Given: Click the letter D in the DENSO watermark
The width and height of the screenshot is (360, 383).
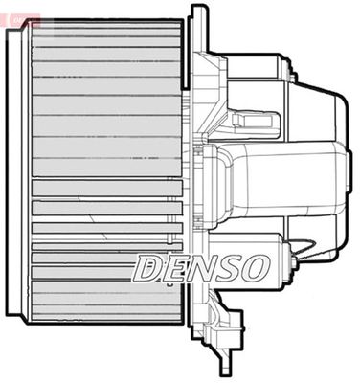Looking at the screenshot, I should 148,268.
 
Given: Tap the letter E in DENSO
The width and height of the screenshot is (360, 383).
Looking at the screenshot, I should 174,268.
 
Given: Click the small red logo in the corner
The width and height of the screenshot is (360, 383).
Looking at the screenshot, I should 20,18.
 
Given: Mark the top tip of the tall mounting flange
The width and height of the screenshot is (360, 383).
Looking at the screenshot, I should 198,10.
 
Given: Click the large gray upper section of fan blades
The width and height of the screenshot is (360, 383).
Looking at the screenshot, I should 105,96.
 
